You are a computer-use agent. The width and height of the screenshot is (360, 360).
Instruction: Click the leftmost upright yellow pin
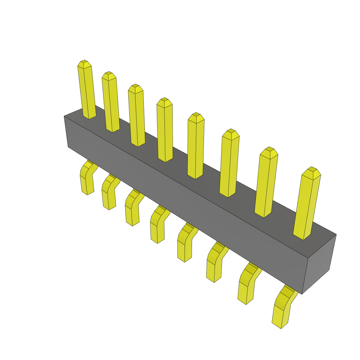click(x=86, y=91)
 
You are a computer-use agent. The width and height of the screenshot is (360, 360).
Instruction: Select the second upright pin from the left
click(x=111, y=104)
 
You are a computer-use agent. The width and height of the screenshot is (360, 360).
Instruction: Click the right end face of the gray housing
click(x=319, y=262)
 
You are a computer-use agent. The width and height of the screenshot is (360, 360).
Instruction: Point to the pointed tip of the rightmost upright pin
click(x=311, y=169)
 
